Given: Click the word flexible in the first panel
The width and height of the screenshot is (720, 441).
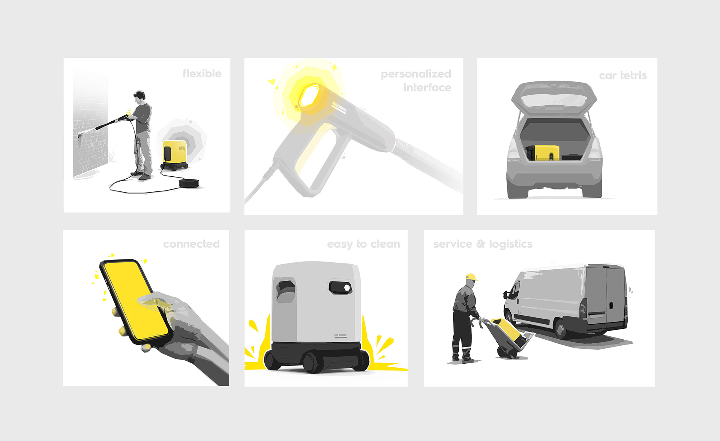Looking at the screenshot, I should [x=202, y=74].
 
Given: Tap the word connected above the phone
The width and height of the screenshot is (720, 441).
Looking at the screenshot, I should [x=191, y=244].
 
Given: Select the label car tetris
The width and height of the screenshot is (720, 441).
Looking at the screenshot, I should [x=623, y=75].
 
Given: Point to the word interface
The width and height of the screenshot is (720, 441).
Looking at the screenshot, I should [x=427, y=87].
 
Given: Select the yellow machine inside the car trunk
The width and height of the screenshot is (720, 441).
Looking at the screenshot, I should [x=546, y=152].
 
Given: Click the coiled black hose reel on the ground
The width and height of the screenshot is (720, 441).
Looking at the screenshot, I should [x=190, y=183].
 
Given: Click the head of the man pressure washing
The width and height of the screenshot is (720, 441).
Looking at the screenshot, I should [x=139, y=96].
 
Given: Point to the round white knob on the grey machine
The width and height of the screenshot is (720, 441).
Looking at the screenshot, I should [x=347, y=287].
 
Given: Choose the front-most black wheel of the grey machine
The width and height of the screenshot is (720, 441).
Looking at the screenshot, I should [x=311, y=363].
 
